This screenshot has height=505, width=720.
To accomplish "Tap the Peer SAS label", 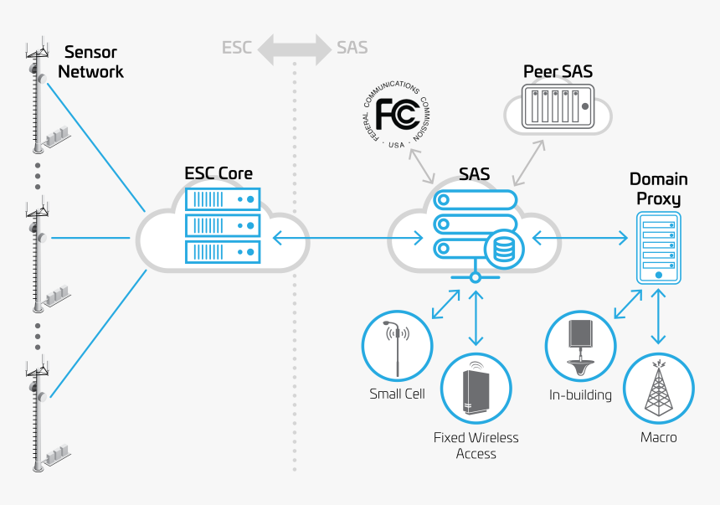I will point(558,72).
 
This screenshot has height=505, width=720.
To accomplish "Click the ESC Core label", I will point(219,174).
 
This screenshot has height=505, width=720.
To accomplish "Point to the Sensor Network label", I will point(90,62).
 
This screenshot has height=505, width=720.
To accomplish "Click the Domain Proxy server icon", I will point(659,247).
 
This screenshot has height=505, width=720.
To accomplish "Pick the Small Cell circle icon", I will point(397,346).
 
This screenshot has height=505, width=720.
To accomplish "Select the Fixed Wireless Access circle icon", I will point(476,387).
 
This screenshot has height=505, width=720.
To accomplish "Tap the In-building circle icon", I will point(580,346).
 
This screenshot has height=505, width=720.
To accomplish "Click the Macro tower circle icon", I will point(659,387).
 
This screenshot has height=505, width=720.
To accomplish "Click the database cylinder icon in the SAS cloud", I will point(504,248).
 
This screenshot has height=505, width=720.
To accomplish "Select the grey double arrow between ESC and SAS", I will point(293,48).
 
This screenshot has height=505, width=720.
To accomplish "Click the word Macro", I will point(659,437).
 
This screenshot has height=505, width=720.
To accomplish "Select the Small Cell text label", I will point(397,394).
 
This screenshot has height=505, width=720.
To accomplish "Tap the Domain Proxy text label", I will point(659,189).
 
